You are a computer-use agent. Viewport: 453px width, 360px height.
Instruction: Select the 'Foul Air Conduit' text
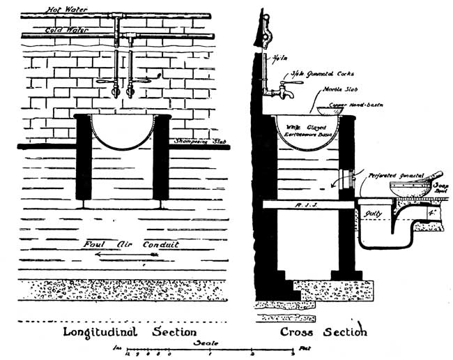coord(130,244)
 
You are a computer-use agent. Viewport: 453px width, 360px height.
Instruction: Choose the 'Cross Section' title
coord(323,331)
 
